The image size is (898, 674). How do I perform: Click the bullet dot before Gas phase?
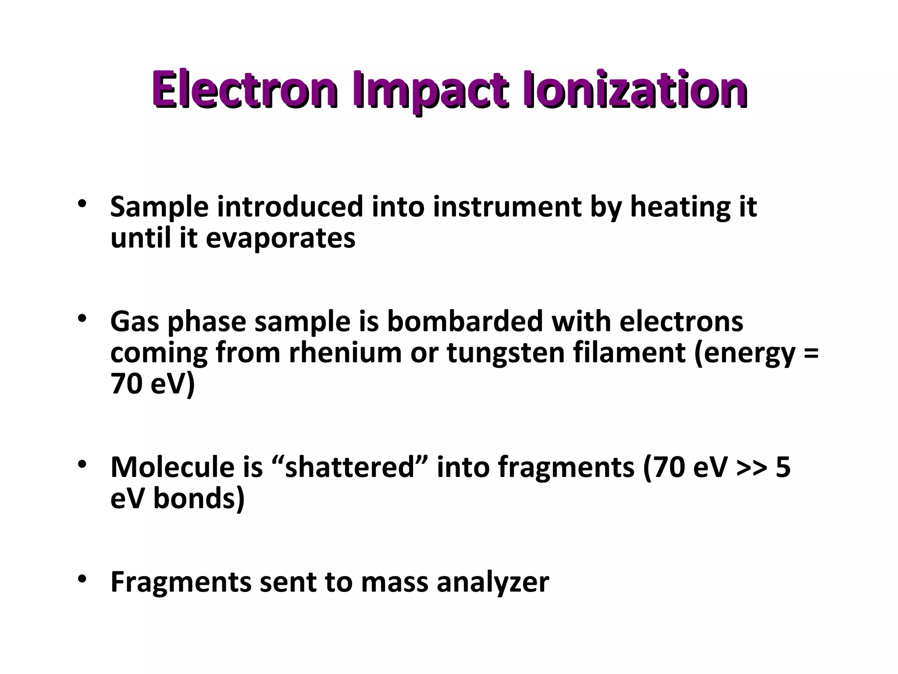[82, 319]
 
